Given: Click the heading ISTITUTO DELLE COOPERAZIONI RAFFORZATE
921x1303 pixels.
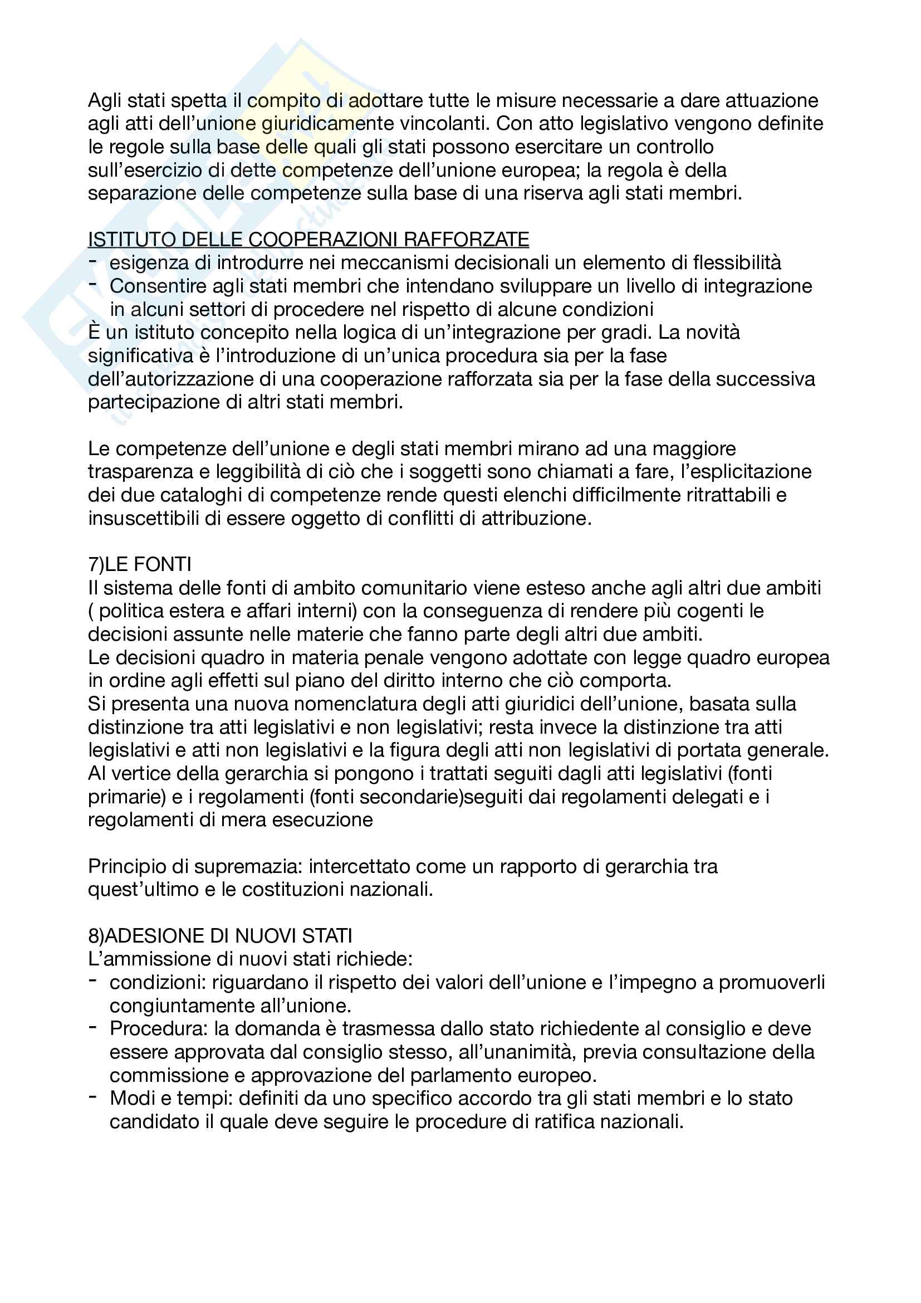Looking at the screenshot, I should [x=308, y=240].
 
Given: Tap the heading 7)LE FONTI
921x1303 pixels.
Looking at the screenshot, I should [x=140, y=564].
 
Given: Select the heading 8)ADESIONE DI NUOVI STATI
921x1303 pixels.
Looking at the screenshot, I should [x=220, y=936].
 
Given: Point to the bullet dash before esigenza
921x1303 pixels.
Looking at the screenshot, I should [x=92, y=261].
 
